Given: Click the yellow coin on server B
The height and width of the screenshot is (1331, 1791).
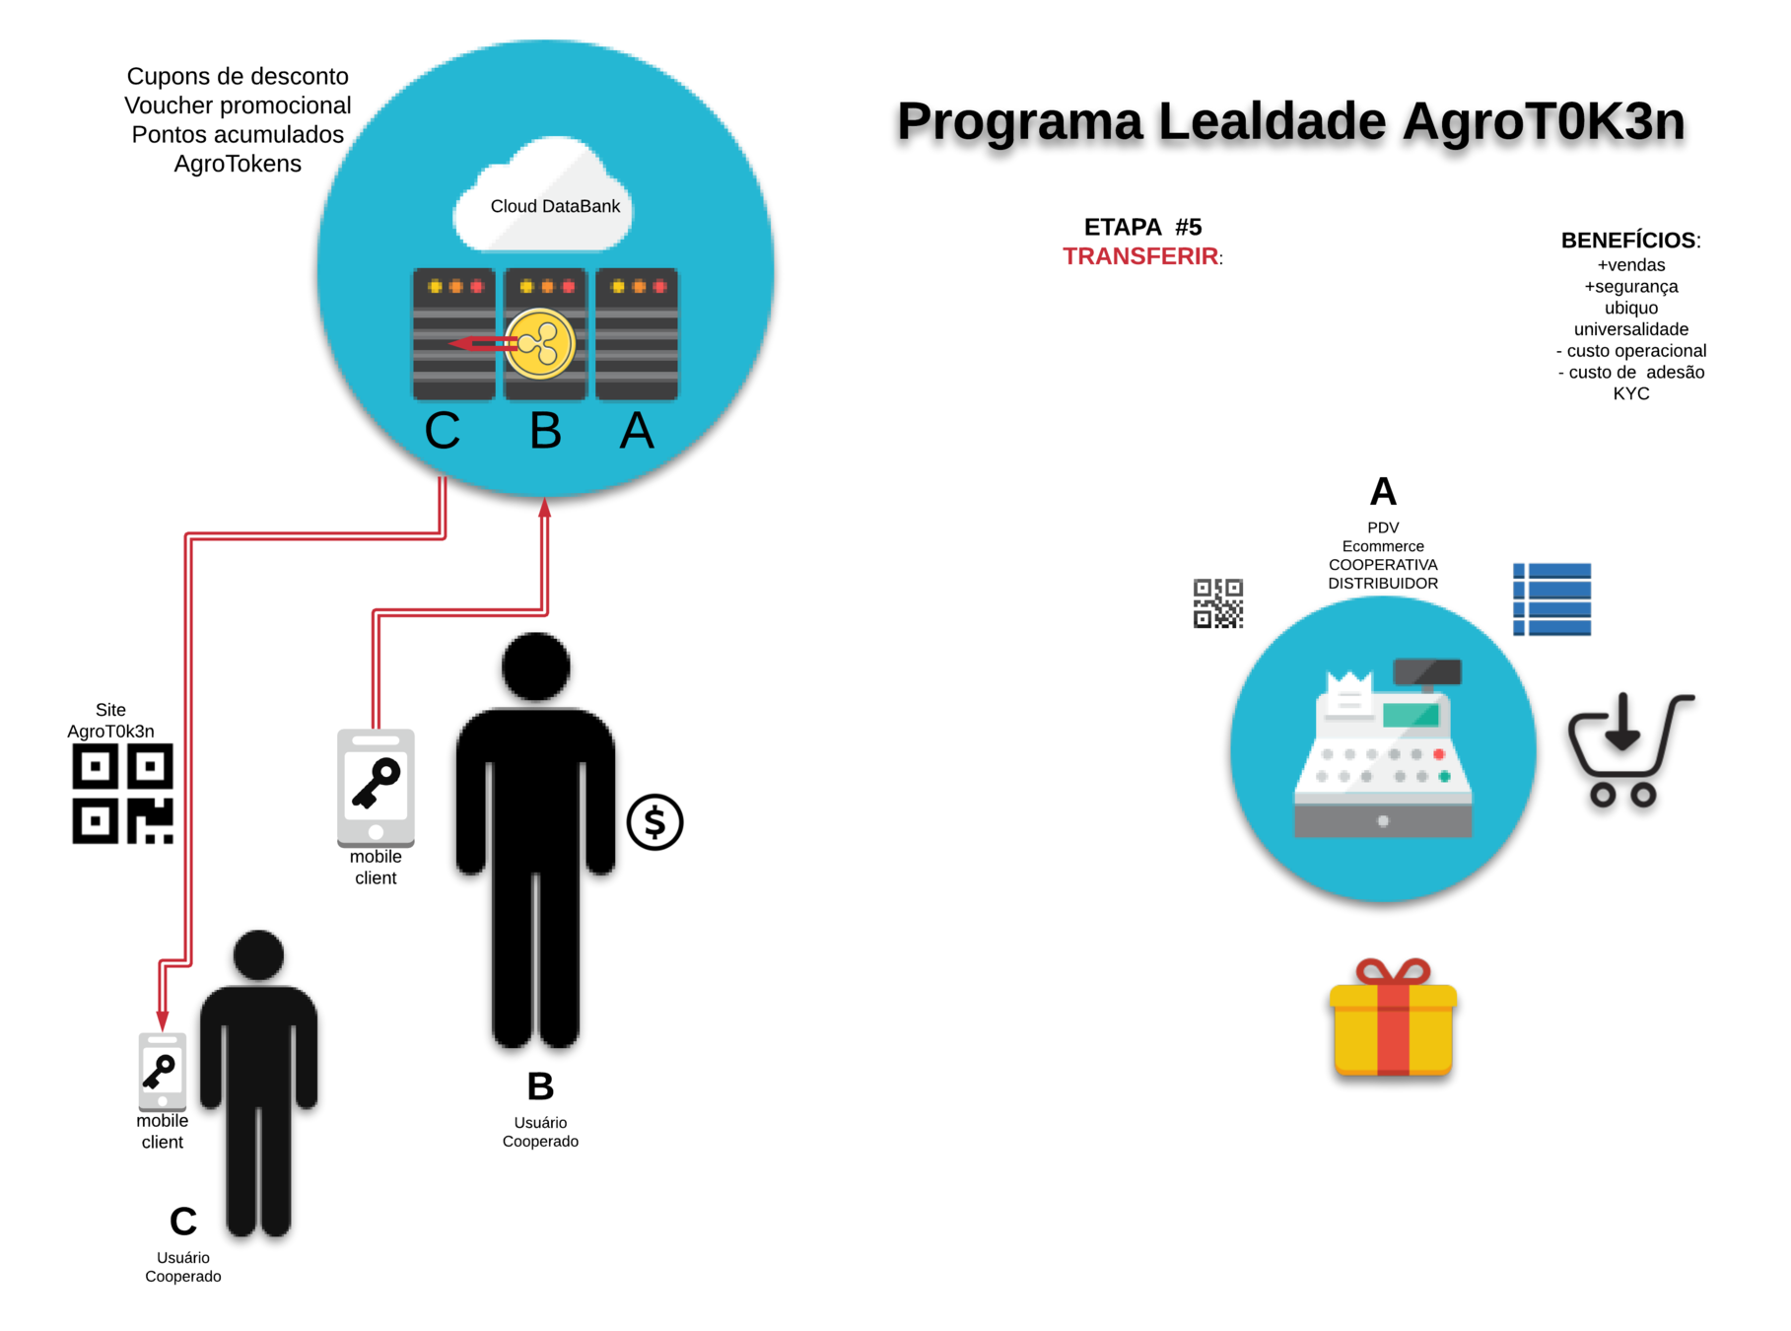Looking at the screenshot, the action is coord(540,344).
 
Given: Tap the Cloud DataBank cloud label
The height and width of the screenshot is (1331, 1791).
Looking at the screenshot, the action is coord(555,206).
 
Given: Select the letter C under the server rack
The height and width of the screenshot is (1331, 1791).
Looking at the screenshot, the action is coord(443,430).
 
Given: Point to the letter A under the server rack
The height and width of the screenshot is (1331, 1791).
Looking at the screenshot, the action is coord(636,430).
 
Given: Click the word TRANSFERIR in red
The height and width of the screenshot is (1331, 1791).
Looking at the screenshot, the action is coord(1139,256).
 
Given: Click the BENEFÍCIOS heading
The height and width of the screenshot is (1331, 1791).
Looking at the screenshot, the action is coord(1627,241).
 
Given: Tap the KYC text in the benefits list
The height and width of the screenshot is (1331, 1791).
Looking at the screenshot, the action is coord(1630,393).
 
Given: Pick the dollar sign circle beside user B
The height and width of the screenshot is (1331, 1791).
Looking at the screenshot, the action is coord(654,821).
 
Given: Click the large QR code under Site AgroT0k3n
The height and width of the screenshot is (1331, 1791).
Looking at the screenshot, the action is coord(122,794).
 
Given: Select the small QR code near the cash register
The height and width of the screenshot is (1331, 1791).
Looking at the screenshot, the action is coord(1217,603).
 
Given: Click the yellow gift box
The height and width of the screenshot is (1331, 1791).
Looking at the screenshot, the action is coord(1392,1020).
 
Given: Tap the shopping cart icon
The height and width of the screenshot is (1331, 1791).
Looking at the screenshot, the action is coord(1628,750).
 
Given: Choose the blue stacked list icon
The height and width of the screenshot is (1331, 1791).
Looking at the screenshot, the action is coord(1551,599).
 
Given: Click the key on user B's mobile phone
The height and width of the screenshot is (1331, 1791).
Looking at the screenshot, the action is coord(376,783).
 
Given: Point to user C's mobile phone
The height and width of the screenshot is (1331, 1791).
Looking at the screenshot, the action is coord(162,1072).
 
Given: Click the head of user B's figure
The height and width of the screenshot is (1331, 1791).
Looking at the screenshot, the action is coord(536,666).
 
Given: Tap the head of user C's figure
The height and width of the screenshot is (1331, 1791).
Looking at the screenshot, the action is coord(258,954).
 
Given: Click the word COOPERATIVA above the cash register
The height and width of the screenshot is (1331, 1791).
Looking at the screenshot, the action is coord(1382,565).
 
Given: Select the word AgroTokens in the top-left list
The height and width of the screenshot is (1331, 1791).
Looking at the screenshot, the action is coord(238,164).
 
